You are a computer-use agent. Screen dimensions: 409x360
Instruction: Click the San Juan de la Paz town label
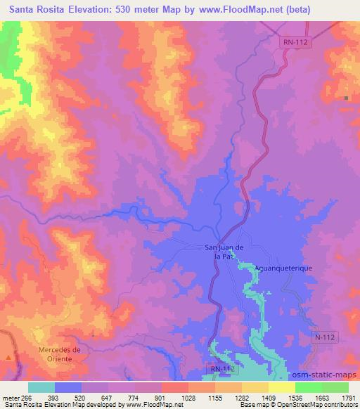pos(224,251)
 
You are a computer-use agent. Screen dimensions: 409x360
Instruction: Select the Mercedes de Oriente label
pos(60,353)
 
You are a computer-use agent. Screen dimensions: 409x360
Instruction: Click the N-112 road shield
pos(325,338)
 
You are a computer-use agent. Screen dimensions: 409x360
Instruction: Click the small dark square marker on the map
pos(347,97)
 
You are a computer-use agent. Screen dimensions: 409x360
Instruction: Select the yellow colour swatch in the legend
pos(281,387)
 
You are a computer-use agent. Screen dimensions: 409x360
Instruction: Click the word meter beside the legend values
pos(11,397)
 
